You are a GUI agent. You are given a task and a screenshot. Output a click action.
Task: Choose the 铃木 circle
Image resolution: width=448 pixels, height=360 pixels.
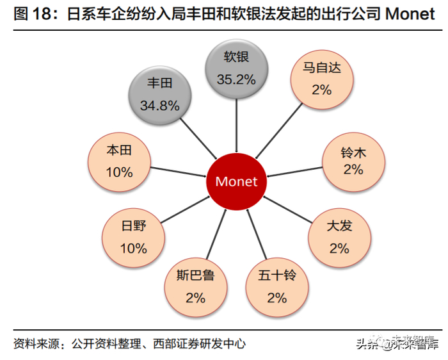click(353, 160)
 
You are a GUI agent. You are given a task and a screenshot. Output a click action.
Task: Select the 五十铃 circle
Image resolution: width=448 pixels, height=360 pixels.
click(276, 287)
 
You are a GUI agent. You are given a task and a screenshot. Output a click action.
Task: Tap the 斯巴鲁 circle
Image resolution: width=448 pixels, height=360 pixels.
click(195, 287)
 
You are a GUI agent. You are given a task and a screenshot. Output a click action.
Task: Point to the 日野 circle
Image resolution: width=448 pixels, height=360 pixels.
click(134, 236)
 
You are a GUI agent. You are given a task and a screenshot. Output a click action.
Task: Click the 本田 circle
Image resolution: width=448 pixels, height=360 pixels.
click(119, 161)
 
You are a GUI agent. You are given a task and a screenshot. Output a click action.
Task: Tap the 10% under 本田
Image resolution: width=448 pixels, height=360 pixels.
click(119, 172)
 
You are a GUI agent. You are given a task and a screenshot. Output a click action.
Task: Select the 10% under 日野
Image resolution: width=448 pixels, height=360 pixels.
click(134, 248)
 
